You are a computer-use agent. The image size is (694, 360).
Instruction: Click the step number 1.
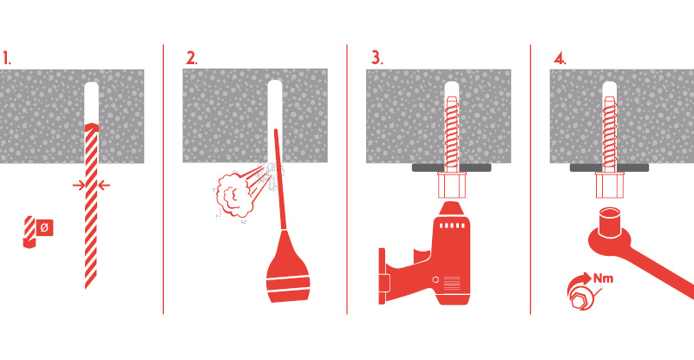pos(7,58)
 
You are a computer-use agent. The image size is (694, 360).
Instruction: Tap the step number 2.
pos(192,58)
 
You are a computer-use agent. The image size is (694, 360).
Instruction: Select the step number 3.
pos(376,58)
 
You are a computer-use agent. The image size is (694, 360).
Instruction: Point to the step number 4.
pos(560,58)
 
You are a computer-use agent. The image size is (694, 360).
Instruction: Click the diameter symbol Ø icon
pos(44,227)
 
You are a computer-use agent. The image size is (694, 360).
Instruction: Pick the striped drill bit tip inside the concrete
pos(92,128)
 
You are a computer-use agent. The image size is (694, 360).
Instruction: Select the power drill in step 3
pos(424,254)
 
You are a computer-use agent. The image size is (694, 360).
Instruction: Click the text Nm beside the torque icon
pos(604,278)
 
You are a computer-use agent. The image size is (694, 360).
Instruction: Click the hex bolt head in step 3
pos(451,185)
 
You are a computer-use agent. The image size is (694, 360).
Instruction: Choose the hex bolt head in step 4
pos(609,185)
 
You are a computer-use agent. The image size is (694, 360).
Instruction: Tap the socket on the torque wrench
pos(610,223)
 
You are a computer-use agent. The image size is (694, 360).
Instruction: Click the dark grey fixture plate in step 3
pos(451,167)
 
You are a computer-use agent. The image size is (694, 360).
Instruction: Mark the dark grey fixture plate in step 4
pos(609,167)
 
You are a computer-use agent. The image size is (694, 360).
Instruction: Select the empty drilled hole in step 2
pos(275,107)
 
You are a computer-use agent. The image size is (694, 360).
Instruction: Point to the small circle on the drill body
pos(435,280)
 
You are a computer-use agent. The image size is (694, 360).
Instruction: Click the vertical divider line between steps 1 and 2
pos(163,179)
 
